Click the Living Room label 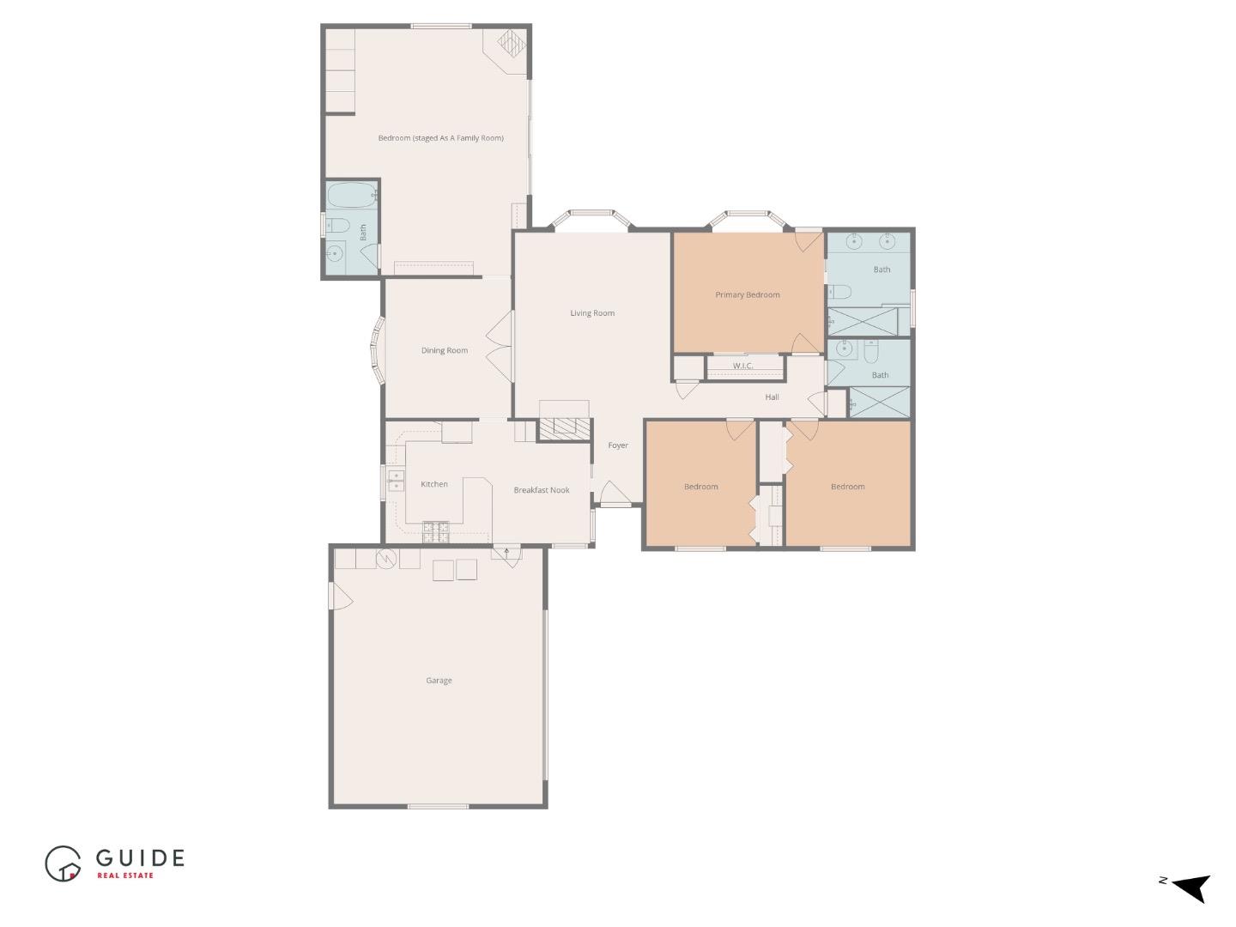(592, 313)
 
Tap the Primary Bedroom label (748, 295)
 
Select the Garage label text (439, 681)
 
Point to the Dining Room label (445, 350)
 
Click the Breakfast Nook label (542, 490)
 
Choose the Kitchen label (434, 484)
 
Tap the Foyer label (618, 445)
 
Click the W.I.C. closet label (743, 367)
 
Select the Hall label (772, 397)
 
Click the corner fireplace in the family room (510, 45)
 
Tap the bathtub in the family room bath (352, 196)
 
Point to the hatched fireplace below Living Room (565, 427)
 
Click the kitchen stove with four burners (436, 531)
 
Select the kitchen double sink (396, 481)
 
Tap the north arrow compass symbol (1190, 887)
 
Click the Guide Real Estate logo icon (64, 863)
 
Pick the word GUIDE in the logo (140, 857)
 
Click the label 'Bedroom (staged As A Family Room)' (441, 138)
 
